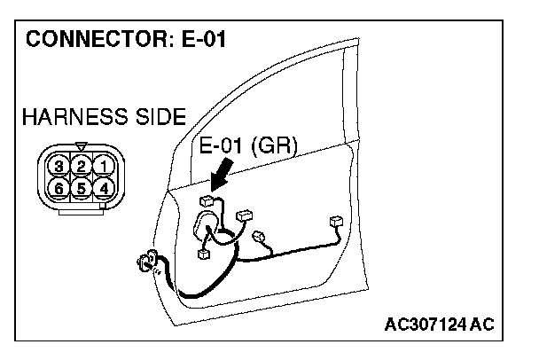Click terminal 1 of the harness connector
click(x=104, y=166)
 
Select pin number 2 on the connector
click(x=81, y=166)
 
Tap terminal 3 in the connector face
click(x=59, y=166)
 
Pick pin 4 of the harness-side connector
click(x=104, y=188)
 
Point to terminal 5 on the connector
click(x=81, y=188)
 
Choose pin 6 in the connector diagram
click(x=59, y=188)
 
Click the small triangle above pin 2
click(x=81, y=146)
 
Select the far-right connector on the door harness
click(x=335, y=221)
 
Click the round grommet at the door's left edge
click(x=146, y=263)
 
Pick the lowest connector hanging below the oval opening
click(x=203, y=254)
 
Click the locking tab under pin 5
click(x=81, y=209)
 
